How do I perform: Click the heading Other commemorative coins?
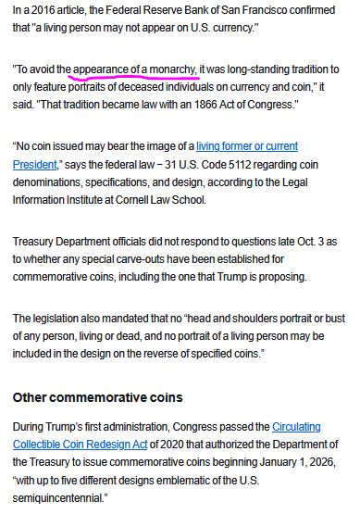(x=97, y=397)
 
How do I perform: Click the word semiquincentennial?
(x=57, y=496)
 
